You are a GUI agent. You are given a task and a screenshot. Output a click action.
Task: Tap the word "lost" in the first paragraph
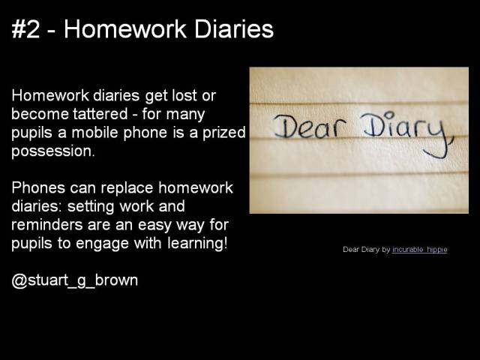coord(190,97)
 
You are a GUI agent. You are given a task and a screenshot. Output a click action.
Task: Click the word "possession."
coord(53,151)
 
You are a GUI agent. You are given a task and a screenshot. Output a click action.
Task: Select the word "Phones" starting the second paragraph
coord(37,187)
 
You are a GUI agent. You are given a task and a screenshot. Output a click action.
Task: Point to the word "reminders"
coord(46,224)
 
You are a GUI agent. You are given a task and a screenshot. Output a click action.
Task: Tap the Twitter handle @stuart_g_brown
coord(75,280)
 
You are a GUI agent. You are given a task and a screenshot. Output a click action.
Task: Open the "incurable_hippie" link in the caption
coord(419,250)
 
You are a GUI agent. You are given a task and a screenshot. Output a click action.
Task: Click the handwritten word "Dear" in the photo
coord(305,127)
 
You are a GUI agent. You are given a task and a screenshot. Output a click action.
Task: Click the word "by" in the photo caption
coord(386,250)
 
